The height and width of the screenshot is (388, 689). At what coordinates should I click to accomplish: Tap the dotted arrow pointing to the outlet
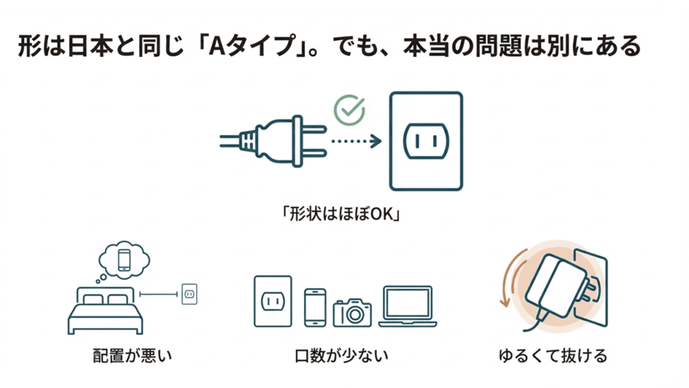[355, 141]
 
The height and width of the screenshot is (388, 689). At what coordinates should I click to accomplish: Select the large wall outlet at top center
[426, 141]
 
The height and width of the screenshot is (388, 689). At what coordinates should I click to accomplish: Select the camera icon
[352, 313]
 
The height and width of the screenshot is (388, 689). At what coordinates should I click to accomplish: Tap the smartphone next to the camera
[315, 308]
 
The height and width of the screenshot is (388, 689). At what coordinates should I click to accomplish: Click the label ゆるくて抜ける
[552, 355]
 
